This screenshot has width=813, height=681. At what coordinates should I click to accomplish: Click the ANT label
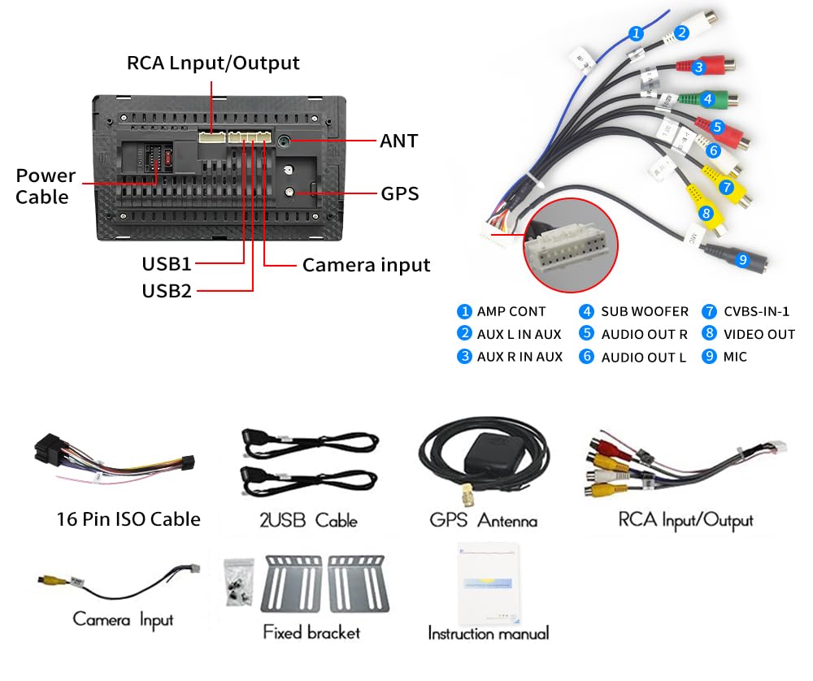point(398,141)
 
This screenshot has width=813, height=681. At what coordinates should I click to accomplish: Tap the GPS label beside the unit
point(399,194)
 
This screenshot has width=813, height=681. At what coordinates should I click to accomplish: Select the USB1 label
point(167,264)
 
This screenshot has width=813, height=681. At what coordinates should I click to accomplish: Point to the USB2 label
point(167,290)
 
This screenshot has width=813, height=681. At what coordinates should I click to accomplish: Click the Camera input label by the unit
point(366,265)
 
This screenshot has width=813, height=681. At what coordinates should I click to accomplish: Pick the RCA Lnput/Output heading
point(213,63)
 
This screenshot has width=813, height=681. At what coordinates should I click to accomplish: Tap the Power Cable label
point(46,186)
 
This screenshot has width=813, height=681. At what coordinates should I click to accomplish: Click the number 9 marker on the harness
point(741,260)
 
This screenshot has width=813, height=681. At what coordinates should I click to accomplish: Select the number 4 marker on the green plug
point(707,99)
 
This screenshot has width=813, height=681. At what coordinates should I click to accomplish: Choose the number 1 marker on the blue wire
point(637,33)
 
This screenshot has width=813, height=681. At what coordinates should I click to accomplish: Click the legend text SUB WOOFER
point(645,311)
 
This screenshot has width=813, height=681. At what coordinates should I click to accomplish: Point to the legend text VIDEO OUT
point(759,334)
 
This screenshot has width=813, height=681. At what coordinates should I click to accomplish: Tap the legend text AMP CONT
point(511,311)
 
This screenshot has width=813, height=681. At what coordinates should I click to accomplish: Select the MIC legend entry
point(735,357)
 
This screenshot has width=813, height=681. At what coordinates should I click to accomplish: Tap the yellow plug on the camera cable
point(50,579)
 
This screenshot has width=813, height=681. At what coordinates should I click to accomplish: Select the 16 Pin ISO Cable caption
point(128,519)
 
